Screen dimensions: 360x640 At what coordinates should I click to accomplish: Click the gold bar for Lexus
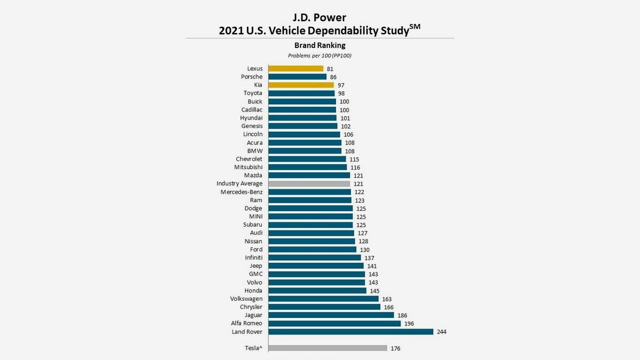(295, 68)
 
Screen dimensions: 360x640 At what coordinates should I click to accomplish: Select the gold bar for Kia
(301, 85)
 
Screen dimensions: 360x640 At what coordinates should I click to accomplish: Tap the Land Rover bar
(350, 332)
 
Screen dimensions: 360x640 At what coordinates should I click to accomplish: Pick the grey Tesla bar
(327, 348)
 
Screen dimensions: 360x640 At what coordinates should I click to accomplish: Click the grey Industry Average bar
(309, 183)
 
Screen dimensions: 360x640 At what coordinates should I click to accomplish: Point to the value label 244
(441, 332)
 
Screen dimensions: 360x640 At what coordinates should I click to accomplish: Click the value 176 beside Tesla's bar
(395, 348)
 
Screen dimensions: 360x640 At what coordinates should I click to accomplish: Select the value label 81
(330, 69)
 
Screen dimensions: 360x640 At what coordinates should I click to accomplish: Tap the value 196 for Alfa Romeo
(409, 324)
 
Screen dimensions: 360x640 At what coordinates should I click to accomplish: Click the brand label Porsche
(252, 77)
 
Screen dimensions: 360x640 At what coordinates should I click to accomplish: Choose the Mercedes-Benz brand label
(242, 192)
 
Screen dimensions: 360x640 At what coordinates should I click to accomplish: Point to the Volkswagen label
(246, 299)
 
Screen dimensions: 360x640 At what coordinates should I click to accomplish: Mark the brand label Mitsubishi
(248, 167)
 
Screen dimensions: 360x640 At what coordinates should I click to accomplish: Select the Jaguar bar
(331, 315)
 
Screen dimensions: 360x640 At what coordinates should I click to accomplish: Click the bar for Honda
(317, 291)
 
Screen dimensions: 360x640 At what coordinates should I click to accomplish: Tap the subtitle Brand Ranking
(320, 45)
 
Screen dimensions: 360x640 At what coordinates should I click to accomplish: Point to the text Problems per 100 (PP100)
(320, 55)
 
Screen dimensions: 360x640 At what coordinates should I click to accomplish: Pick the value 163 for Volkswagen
(387, 299)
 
